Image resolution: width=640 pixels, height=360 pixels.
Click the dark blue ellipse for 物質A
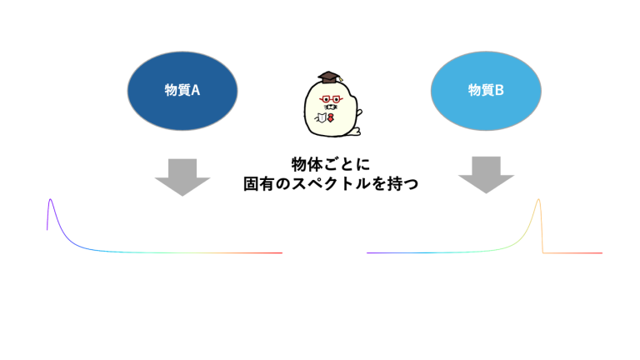[x=182, y=91]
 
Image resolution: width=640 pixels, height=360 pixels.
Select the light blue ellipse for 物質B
[x=486, y=91]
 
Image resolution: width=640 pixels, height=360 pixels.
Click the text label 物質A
[x=182, y=90]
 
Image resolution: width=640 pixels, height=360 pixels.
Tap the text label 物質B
[x=486, y=90]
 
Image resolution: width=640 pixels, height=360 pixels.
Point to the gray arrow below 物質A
[x=182, y=177]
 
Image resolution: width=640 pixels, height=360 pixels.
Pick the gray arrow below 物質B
[x=486, y=175]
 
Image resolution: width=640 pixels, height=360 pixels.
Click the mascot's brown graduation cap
[x=330, y=77]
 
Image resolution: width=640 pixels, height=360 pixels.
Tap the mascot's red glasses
[x=331, y=99]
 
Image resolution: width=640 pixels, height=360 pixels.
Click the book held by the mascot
[x=322, y=117]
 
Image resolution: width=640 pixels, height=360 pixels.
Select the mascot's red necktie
[x=331, y=118]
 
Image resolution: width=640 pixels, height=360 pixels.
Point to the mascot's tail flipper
[x=355, y=132]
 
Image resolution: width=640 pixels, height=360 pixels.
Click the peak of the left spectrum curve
[x=50, y=199]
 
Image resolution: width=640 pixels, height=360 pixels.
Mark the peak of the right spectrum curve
[x=539, y=199]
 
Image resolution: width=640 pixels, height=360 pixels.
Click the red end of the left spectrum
[x=282, y=253]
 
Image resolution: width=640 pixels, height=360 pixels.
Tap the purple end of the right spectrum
[x=367, y=253]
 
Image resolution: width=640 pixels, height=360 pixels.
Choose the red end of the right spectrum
[x=602, y=253]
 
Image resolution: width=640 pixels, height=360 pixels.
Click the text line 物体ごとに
[x=331, y=164]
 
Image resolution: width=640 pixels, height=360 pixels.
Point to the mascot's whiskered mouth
[x=331, y=107]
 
